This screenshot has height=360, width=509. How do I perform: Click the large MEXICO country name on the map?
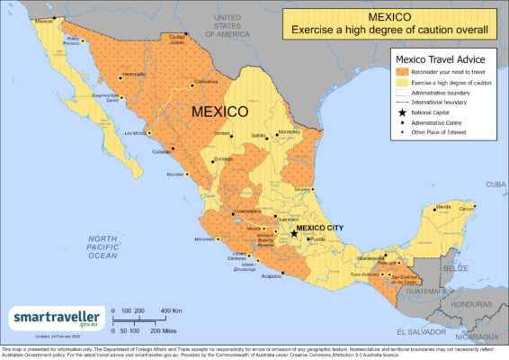(219, 112)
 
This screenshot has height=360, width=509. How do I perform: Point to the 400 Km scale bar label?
(173, 310)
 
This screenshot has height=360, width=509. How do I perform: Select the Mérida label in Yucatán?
(442, 207)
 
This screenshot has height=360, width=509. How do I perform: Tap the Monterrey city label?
(290, 132)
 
